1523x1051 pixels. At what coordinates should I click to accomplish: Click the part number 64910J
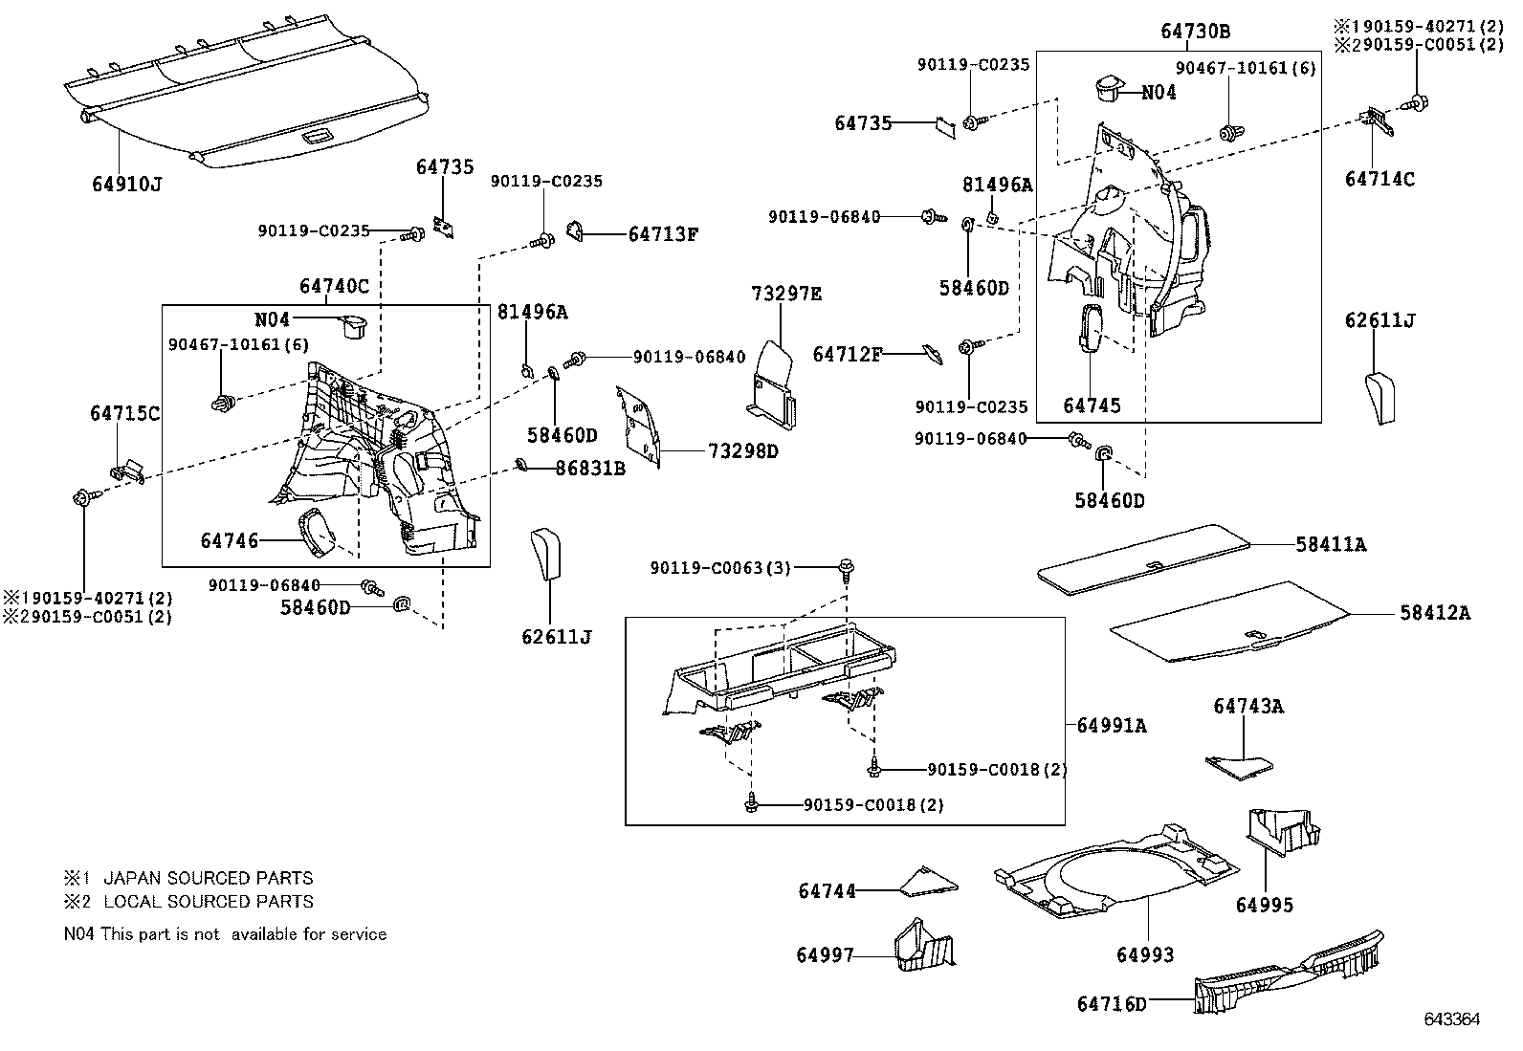[x=126, y=183]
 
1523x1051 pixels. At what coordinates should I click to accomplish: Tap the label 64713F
[x=663, y=233]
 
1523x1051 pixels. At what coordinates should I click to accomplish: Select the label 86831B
[x=590, y=469]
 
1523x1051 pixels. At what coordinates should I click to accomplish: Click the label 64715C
[x=124, y=413]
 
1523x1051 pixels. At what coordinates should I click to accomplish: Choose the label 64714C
[x=1380, y=179]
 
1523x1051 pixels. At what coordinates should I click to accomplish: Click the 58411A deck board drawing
[x=1144, y=558]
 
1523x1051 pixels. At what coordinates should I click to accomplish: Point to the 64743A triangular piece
[x=1240, y=765]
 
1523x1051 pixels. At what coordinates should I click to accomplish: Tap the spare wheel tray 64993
[x=1115, y=870]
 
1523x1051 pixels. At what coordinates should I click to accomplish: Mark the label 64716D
[x=1111, y=1003]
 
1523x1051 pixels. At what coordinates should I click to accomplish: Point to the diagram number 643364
[x=1451, y=1019]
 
